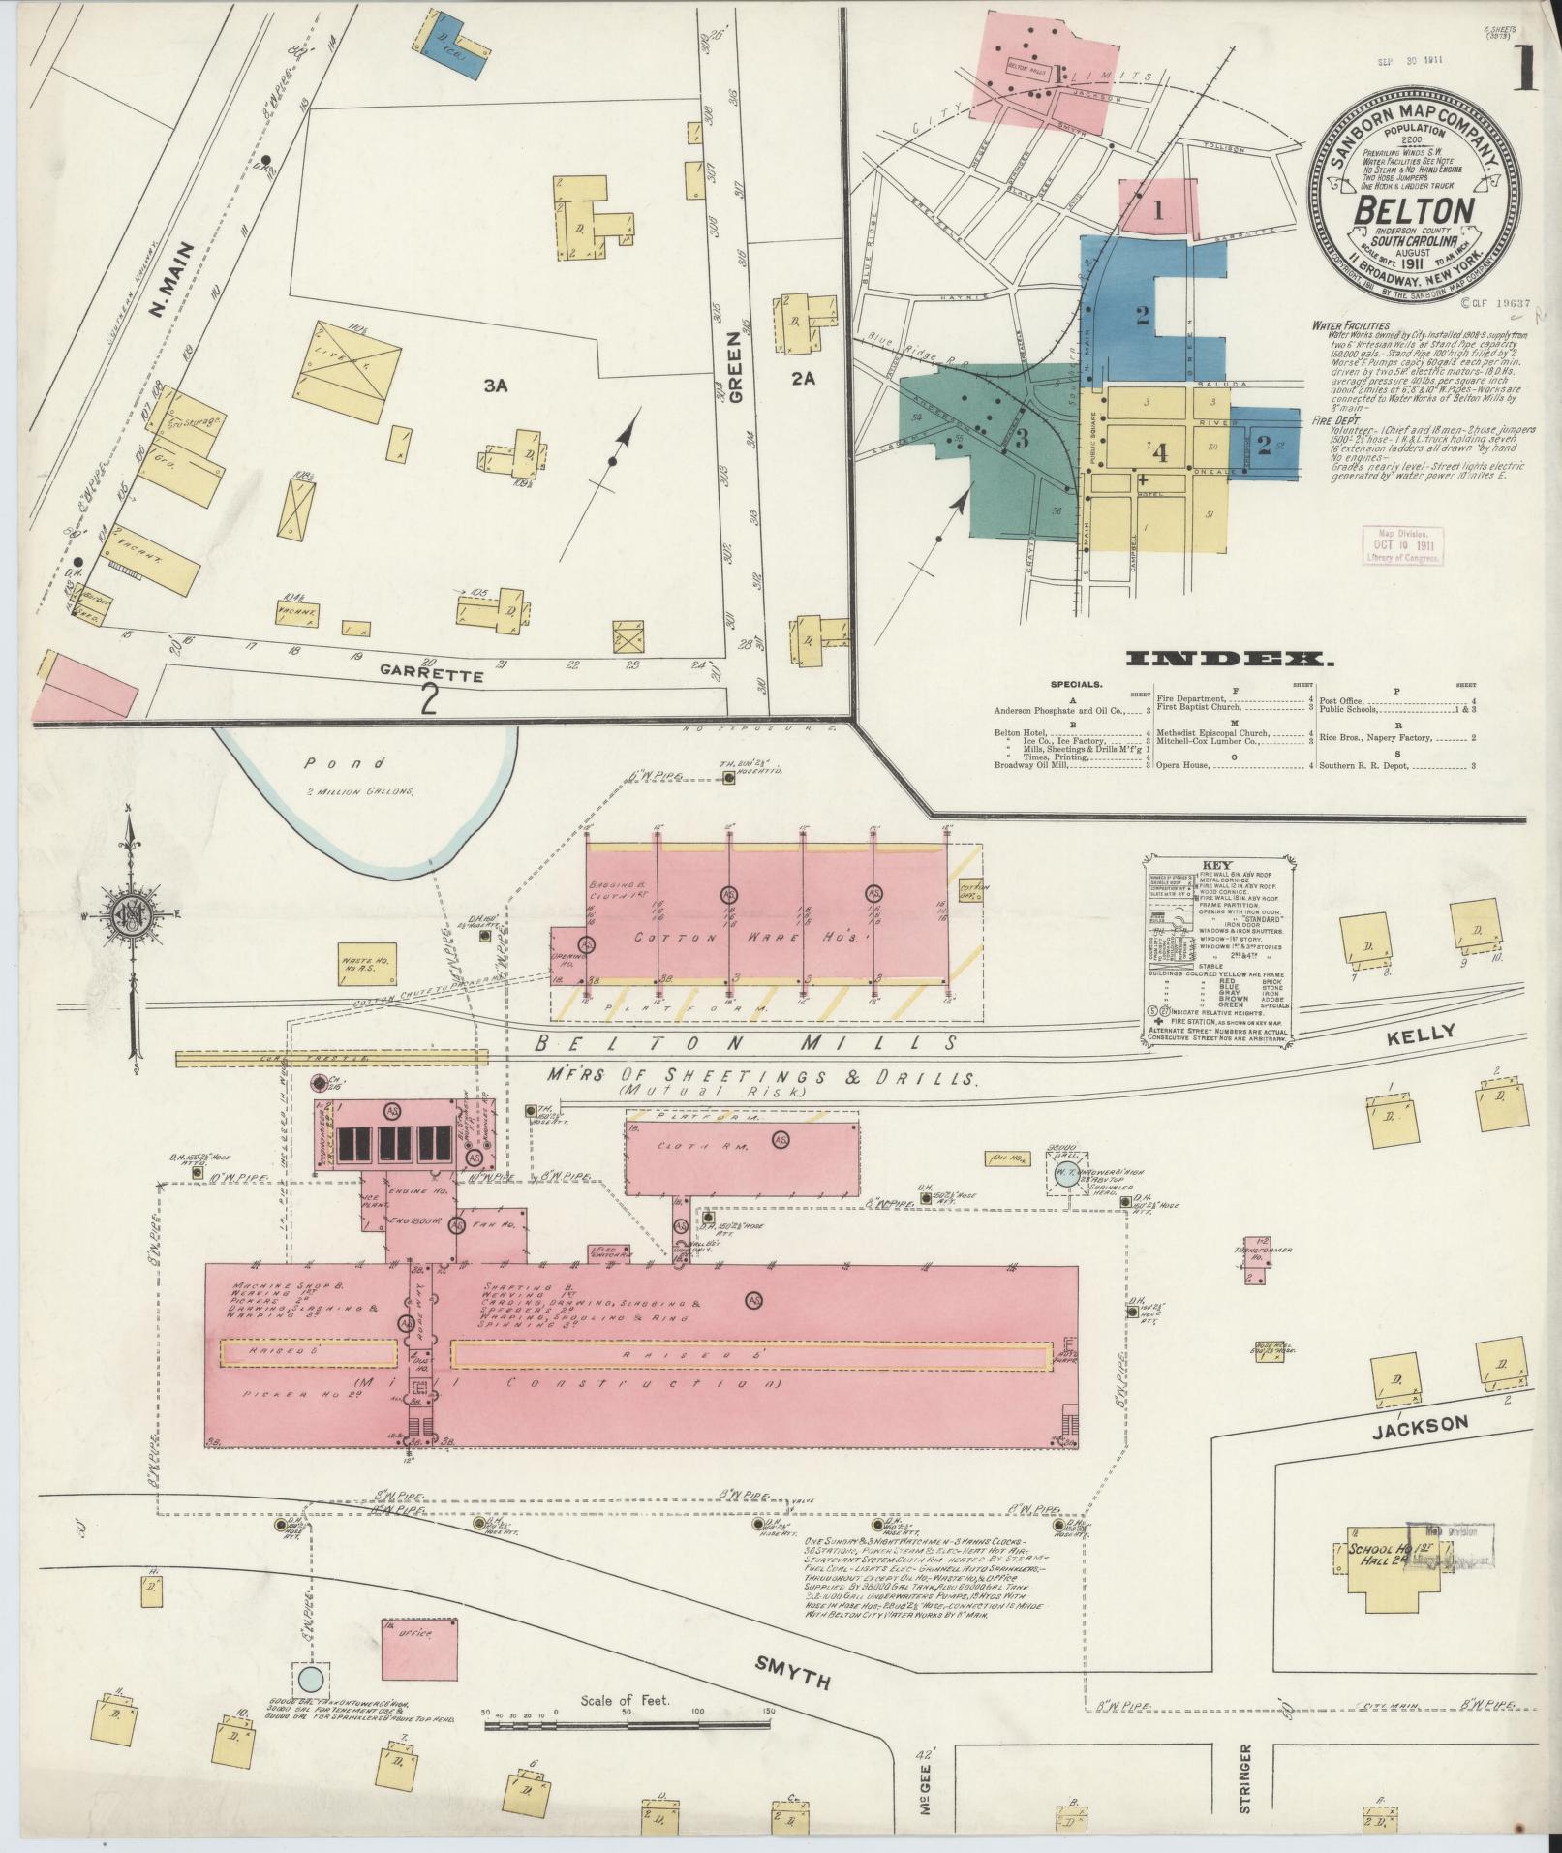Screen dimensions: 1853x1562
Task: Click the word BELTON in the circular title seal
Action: click(x=1413, y=210)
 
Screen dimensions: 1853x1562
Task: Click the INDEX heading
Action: click(x=1230, y=660)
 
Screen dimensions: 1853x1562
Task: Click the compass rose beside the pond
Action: click(x=129, y=915)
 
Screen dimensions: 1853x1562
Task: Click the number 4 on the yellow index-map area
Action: click(x=1160, y=452)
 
